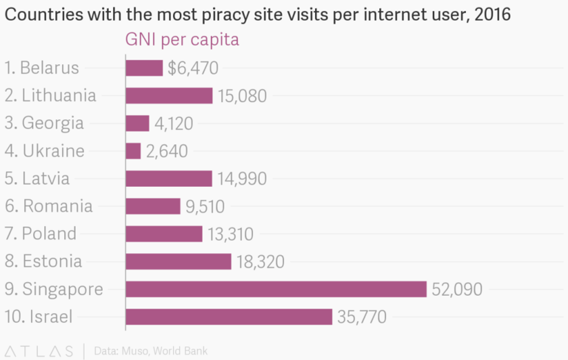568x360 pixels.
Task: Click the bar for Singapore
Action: point(276,289)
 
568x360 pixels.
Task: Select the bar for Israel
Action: point(229,317)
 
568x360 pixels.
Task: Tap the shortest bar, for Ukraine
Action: point(133,151)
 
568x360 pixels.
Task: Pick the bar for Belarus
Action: point(144,68)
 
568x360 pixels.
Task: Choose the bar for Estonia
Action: point(179,261)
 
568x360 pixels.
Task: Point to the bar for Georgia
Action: point(137,123)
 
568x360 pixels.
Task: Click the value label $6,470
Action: point(193,68)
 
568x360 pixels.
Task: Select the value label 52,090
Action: point(457,290)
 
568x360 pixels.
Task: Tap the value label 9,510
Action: point(205,206)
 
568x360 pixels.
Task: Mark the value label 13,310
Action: point(231,234)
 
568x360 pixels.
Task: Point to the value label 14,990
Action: point(242,179)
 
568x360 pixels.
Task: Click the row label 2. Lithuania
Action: point(50,95)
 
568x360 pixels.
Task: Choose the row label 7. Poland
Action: point(41,233)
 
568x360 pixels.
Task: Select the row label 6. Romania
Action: point(49,206)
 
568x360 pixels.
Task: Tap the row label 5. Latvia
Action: point(37,179)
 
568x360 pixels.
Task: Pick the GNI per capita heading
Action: point(182,41)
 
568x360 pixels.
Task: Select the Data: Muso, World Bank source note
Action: point(150,351)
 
